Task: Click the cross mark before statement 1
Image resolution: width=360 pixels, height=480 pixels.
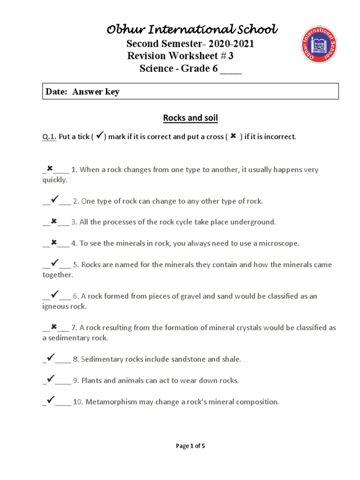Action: tap(50, 168)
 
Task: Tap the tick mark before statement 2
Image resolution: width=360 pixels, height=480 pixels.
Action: tap(54, 200)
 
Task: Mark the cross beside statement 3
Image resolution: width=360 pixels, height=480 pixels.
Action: tap(53, 221)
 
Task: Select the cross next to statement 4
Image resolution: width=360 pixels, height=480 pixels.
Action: tap(53, 242)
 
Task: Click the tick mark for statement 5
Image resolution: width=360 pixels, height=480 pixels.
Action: tap(54, 263)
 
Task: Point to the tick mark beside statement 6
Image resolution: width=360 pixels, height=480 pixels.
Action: tap(54, 295)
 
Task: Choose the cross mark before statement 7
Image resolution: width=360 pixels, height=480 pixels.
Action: tap(53, 327)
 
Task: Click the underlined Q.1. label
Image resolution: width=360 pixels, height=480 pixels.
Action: tap(49, 137)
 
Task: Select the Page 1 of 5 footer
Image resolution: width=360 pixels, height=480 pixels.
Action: tap(190, 446)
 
